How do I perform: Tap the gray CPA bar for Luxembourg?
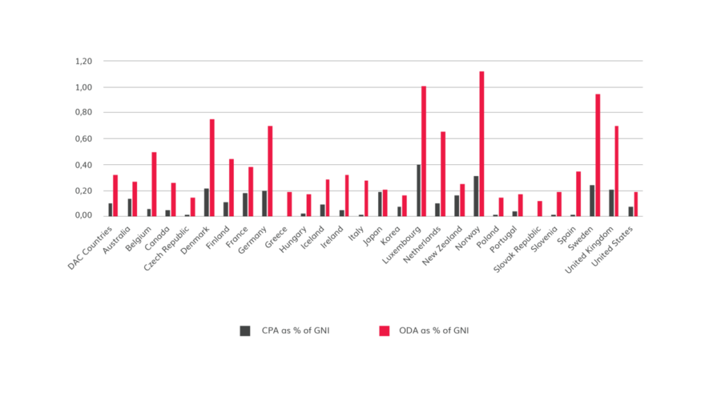click(418, 191)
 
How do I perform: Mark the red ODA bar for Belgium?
click(154, 184)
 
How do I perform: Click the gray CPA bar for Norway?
click(475, 196)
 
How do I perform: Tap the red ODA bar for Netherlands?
click(443, 173)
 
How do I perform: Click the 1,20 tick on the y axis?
click(82, 61)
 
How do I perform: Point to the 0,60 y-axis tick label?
click(82, 139)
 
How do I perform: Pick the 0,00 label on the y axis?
click(82, 216)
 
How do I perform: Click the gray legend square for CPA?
click(245, 331)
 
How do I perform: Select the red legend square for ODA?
click(384, 331)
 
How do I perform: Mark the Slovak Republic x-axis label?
click(517, 247)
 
